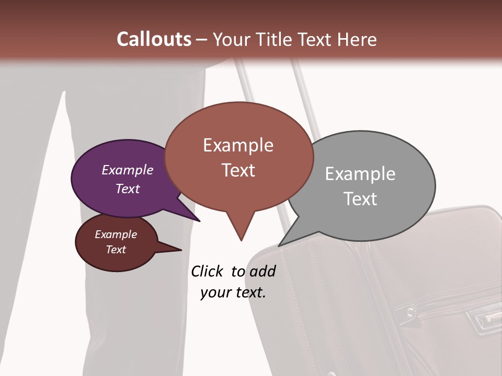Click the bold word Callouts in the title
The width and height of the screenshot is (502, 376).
[x=154, y=39]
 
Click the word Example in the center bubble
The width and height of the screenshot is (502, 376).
[x=238, y=145]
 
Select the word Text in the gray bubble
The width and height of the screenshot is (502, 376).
[x=360, y=198]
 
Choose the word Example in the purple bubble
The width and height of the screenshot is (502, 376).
[x=128, y=170]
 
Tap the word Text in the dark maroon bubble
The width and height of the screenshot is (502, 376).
[x=116, y=250]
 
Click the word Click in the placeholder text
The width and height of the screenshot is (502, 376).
[x=207, y=271]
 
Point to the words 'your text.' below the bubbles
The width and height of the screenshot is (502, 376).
[x=233, y=292]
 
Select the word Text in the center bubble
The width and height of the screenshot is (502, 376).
[x=238, y=170]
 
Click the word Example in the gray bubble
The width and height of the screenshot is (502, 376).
[x=360, y=173]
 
